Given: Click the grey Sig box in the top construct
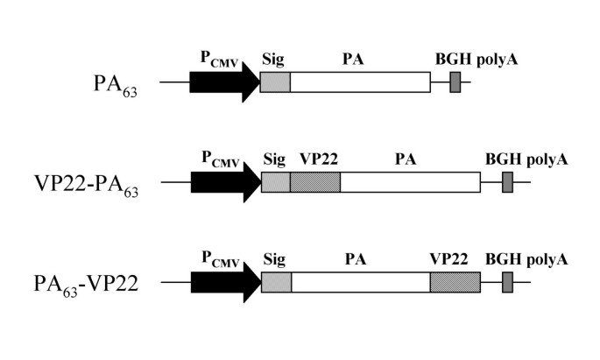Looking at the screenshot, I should [275, 82].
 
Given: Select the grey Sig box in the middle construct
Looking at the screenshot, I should [275, 182].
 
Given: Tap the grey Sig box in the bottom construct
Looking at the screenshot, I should [276, 282].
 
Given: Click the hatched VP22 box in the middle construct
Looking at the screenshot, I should [314, 182].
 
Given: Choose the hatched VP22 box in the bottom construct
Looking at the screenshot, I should [455, 282].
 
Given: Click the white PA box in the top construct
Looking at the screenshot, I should [359, 82].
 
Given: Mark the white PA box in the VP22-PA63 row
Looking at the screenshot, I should [410, 182].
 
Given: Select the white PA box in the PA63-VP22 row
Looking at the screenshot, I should [360, 282].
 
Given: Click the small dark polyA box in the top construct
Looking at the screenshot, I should [455, 82].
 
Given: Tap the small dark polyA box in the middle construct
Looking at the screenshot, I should [507, 182].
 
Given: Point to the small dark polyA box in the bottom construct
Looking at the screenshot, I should [507, 282].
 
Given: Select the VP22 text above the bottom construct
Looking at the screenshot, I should [448, 259].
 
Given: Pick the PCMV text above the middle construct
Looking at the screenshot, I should [219, 159].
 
